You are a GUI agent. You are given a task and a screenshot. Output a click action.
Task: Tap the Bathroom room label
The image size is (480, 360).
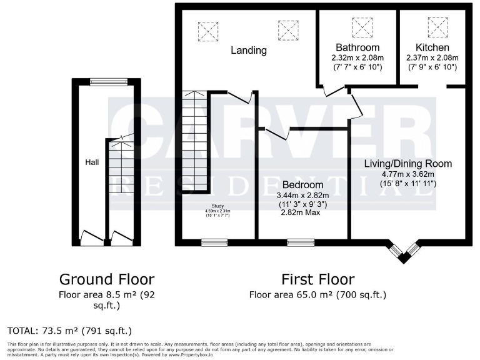357,47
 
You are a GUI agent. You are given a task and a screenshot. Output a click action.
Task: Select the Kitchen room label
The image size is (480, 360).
432,47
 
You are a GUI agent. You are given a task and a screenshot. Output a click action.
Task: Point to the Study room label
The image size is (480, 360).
217,206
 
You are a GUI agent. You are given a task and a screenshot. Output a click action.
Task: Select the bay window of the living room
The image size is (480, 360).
404,250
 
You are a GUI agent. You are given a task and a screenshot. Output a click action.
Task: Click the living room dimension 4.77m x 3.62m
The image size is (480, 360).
407,174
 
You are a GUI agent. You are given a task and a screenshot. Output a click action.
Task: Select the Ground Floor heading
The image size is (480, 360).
106,279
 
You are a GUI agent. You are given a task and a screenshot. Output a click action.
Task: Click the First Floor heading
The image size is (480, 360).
317,279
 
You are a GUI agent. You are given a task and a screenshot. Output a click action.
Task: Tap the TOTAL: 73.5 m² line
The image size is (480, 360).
69,330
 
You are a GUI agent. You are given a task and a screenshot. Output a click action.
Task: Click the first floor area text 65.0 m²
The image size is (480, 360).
317,294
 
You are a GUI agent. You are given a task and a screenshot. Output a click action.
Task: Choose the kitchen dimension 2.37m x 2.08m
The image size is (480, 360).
432,57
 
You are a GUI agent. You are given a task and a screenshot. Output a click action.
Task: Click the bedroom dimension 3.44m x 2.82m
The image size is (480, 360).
302,195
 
